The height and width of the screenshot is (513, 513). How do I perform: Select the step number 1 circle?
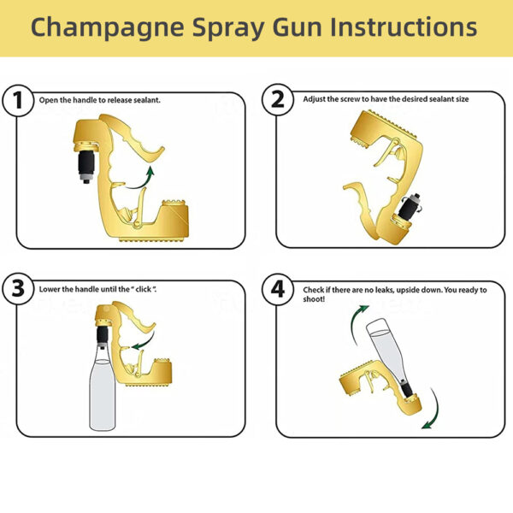click(19, 101)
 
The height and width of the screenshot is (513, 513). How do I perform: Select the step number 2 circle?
click(279, 101)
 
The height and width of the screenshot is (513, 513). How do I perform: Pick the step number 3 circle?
click(19, 291)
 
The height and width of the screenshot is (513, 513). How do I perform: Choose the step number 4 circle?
click(279, 291)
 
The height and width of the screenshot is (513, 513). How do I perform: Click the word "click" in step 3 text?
click(143, 291)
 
